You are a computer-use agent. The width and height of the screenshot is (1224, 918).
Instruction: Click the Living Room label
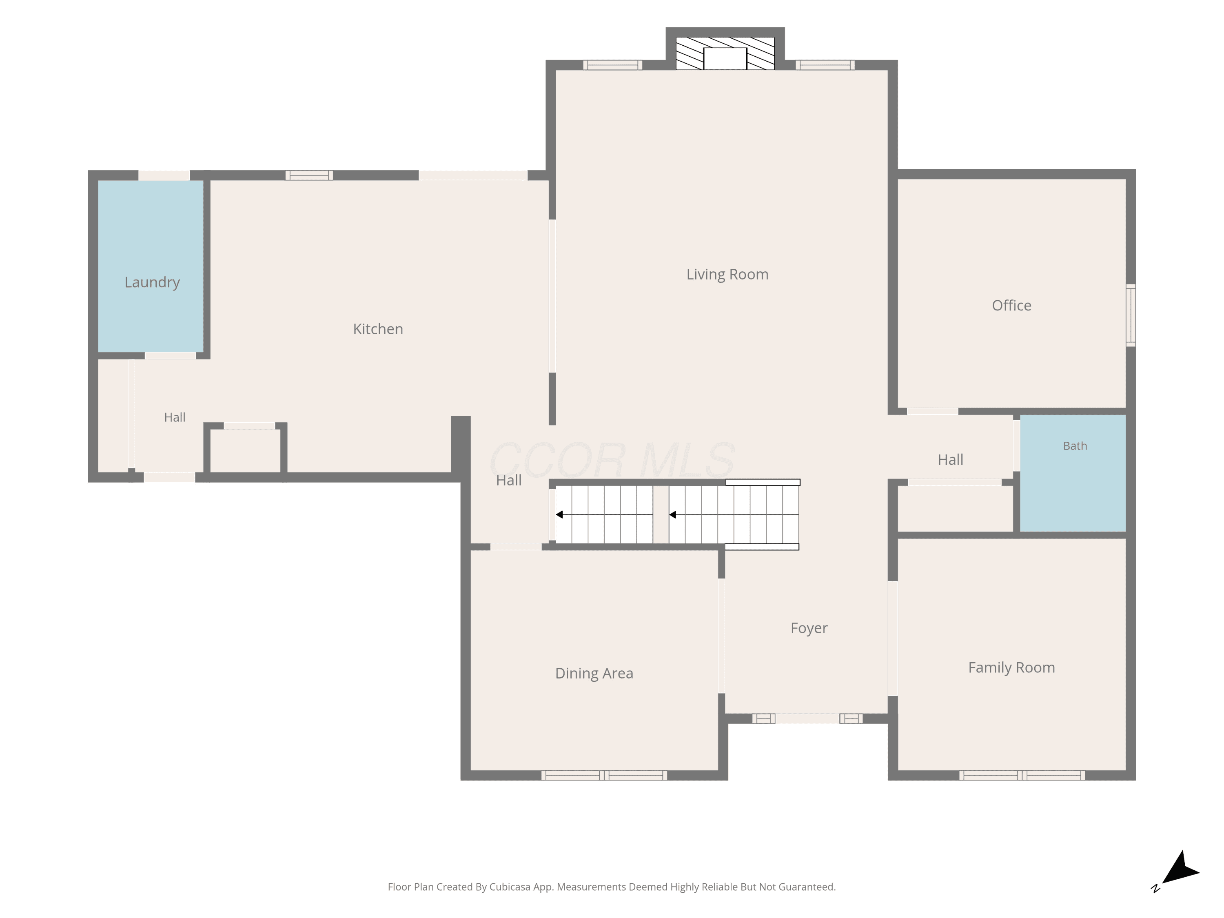pyautogui.click(x=727, y=275)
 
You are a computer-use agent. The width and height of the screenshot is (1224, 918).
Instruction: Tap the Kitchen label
pyautogui.click(x=378, y=329)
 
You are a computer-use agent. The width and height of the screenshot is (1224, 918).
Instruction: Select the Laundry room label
pyautogui.click(x=152, y=283)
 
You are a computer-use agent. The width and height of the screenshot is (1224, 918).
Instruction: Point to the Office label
pyautogui.click(x=1011, y=306)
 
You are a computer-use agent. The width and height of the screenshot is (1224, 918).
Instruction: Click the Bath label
pyautogui.click(x=1075, y=446)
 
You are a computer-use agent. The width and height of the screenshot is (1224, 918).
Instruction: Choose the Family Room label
pyautogui.click(x=1011, y=668)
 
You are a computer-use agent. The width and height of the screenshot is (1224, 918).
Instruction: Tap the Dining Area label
pyautogui.click(x=594, y=674)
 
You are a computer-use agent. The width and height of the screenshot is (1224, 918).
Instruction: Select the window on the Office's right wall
pyautogui.click(x=1131, y=315)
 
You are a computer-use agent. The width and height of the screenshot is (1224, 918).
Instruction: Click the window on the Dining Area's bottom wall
pyautogui.click(x=604, y=775)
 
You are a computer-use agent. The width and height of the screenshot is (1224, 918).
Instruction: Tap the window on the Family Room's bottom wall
pyautogui.click(x=1022, y=775)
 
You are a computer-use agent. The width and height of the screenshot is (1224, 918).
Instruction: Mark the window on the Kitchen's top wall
pyautogui.click(x=309, y=175)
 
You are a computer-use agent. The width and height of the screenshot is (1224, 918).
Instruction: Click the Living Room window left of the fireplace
pyautogui.click(x=612, y=65)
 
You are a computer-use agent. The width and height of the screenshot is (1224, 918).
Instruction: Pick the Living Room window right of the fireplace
pyautogui.click(x=825, y=65)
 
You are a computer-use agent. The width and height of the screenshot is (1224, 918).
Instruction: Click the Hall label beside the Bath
pyautogui.click(x=950, y=460)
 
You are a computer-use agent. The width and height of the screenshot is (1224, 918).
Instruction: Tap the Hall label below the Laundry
pyautogui.click(x=175, y=418)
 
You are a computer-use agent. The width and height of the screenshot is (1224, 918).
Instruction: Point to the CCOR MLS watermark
pyautogui.click(x=612, y=460)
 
